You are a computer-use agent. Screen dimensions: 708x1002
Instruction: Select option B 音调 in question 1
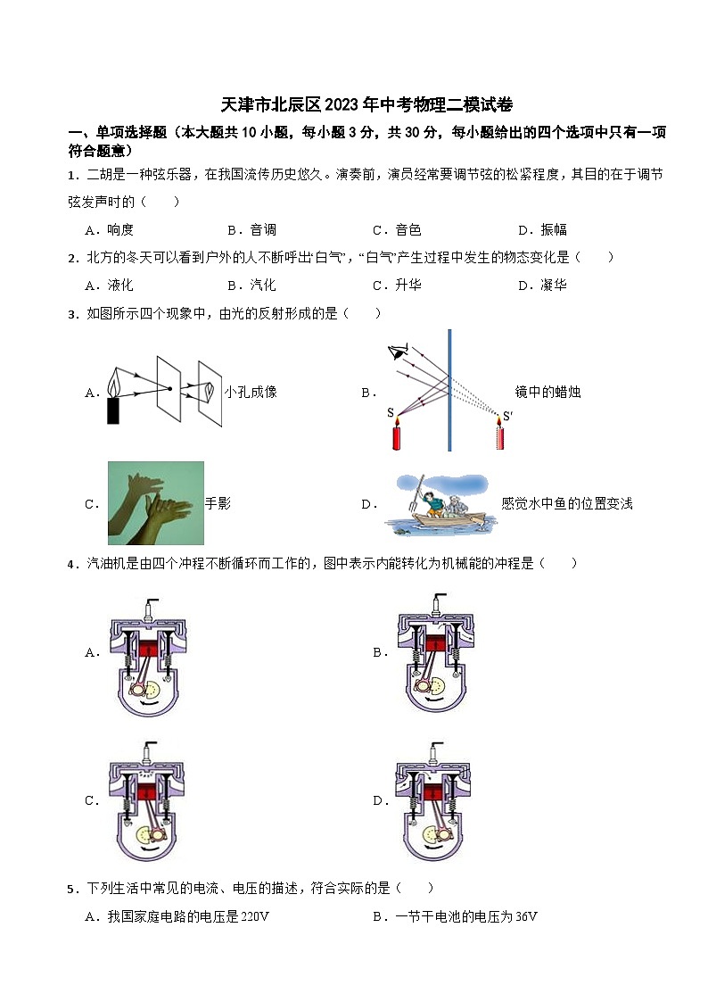click(252, 229)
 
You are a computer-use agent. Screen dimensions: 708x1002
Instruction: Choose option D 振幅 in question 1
click(543, 229)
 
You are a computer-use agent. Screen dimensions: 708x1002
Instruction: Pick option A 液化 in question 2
click(109, 285)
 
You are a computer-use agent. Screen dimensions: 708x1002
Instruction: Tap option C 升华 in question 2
click(397, 285)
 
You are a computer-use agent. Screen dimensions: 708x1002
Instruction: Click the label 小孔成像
click(251, 392)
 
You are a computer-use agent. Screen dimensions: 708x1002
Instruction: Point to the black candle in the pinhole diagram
click(113, 410)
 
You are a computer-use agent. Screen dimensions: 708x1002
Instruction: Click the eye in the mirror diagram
click(399, 351)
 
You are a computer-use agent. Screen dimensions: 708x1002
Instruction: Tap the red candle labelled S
click(397, 434)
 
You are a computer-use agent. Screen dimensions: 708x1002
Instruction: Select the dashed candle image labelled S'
click(500, 434)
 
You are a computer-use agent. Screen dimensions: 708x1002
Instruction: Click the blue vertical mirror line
click(449, 390)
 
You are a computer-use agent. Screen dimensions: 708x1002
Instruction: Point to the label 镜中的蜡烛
click(547, 392)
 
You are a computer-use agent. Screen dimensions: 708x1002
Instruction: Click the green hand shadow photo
click(156, 503)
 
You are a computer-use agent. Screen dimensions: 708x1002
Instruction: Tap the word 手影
click(218, 503)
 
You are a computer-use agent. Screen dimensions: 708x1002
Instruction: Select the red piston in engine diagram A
click(148, 647)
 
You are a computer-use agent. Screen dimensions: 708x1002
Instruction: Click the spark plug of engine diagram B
click(438, 603)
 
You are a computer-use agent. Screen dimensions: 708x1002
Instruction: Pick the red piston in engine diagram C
click(147, 791)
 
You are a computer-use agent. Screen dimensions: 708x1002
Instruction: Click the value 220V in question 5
click(254, 916)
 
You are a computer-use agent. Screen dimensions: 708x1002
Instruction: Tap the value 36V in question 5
click(526, 916)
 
